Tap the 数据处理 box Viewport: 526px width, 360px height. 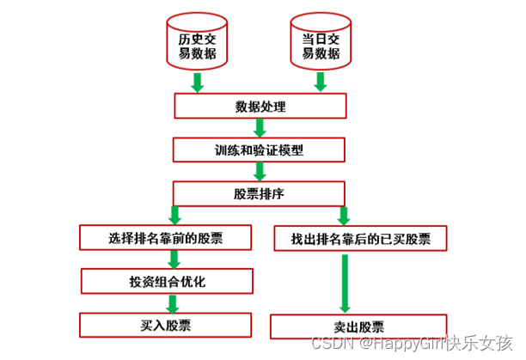pyautogui.click(x=260, y=107)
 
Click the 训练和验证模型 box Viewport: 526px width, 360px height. pyautogui.click(x=260, y=149)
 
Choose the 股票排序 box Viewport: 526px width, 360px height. pyautogui.click(x=260, y=193)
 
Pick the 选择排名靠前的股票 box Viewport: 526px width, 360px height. pyautogui.click(x=167, y=236)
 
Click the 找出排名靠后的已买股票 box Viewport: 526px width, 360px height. pyautogui.click(x=358, y=238)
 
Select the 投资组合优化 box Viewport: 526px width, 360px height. pyautogui.click(x=167, y=282)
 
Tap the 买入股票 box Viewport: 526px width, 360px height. pyautogui.click(x=166, y=325)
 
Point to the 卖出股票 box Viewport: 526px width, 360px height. pyautogui.click(x=358, y=326)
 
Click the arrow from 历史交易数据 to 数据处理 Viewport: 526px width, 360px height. pyautogui.click(x=197, y=82)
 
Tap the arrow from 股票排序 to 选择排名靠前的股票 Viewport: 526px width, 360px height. pyautogui.click(x=174, y=215)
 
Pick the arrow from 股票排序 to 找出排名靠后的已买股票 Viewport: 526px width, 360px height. pyautogui.click(x=344, y=215)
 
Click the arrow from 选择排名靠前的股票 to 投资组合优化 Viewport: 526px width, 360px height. pyautogui.click(x=174, y=259)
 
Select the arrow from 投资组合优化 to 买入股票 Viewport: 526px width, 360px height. pyautogui.click(x=174, y=302)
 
